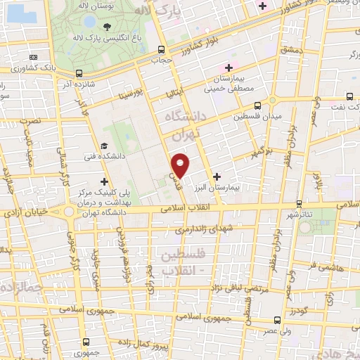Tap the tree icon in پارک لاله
point(107,28)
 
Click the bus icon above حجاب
point(162,49)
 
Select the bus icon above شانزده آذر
point(79,72)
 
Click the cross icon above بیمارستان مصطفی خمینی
point(229,67)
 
